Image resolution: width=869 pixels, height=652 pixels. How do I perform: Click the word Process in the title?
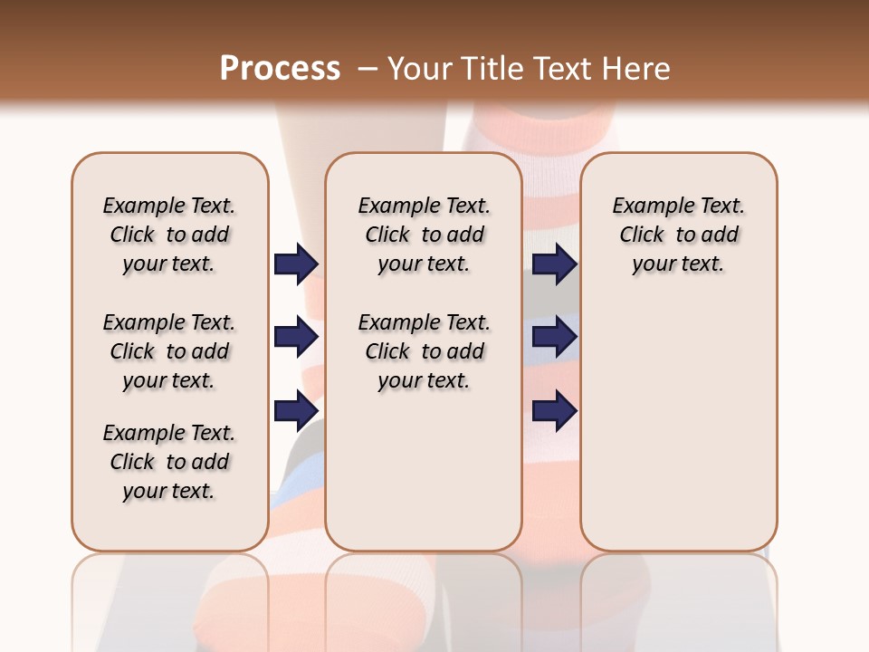280,69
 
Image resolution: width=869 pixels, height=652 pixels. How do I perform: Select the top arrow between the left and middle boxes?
296,264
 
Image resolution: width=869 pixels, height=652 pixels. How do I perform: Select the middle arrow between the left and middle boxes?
296,337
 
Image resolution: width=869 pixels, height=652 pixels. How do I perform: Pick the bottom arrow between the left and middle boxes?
296,410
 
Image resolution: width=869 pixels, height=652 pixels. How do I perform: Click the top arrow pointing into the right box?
554,264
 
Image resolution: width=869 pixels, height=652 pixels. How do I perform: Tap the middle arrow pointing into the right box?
554,337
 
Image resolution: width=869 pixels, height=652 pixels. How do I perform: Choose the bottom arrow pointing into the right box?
554,410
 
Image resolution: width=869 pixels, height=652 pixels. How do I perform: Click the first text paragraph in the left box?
169,235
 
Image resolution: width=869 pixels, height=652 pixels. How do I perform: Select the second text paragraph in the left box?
169,351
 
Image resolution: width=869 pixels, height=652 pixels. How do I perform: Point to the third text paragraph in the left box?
169,462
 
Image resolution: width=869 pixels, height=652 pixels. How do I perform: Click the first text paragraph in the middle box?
425,235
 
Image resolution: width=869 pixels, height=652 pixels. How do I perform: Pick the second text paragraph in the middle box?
425,351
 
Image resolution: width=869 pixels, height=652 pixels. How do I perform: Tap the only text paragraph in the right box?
679,235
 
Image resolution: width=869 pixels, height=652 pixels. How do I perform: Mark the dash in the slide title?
367,69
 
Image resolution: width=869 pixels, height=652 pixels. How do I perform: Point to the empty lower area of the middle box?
424,471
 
